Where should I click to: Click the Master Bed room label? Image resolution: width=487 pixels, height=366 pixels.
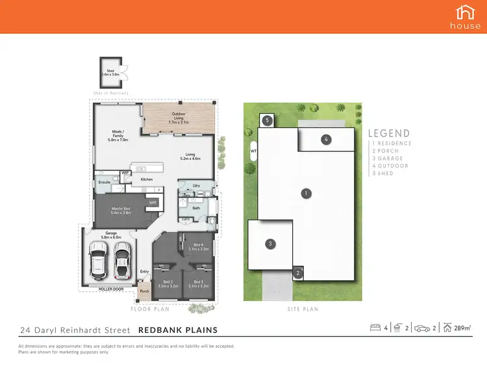click(x=121, y=210)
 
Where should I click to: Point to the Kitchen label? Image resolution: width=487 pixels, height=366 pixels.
click(x=147, y=179)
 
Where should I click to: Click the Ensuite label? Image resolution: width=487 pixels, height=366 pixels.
click(x=103, y=183)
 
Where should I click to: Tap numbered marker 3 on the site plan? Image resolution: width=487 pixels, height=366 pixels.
click(x=270, y=244)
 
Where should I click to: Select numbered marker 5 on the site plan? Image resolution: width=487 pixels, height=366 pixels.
click(x=266, y=120)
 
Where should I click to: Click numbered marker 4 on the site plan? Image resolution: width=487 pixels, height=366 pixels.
click(x=327, y=138)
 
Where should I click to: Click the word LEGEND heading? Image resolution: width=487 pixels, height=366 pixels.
click(x=390, y=133)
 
